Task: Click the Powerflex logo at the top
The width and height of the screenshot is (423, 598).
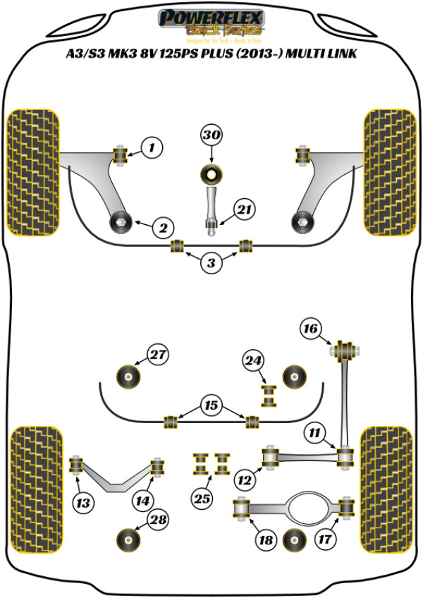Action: [211, 22]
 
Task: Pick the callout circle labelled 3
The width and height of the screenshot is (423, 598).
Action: [211, 264]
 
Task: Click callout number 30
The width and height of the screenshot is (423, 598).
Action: [211, 135]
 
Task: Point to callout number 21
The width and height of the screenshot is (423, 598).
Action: [244, 210]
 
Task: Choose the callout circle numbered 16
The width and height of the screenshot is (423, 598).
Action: [310, 328]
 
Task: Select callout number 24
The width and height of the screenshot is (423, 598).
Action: [253, 361]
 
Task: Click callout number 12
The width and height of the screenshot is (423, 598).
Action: [245, 481]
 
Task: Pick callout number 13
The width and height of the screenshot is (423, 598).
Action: [82, 503]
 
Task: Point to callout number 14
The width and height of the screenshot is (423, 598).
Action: [143, 501]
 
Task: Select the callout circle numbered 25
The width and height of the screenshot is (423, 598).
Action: [202, 499]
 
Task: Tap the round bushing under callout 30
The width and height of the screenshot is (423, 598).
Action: [211, 173]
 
